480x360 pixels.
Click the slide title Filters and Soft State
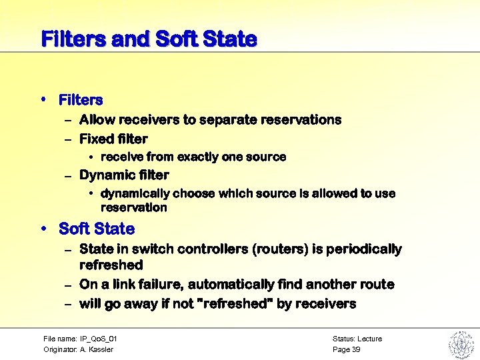(x=149, y=39)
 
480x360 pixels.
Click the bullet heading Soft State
(x=96, y=229)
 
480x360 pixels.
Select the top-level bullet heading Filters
(x=81, y=100)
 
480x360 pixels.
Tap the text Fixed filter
(x=113, y=139)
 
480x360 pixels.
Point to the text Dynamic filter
(x=124, y=175)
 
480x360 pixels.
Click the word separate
(x=227, y=120)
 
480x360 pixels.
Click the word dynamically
(x=135, y=193)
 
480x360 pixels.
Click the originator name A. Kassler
(x=96, y=349)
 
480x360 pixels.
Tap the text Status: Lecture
(x=357, y=339)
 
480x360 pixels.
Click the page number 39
(x=356, y=349)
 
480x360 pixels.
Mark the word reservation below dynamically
(x=133, y=207)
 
